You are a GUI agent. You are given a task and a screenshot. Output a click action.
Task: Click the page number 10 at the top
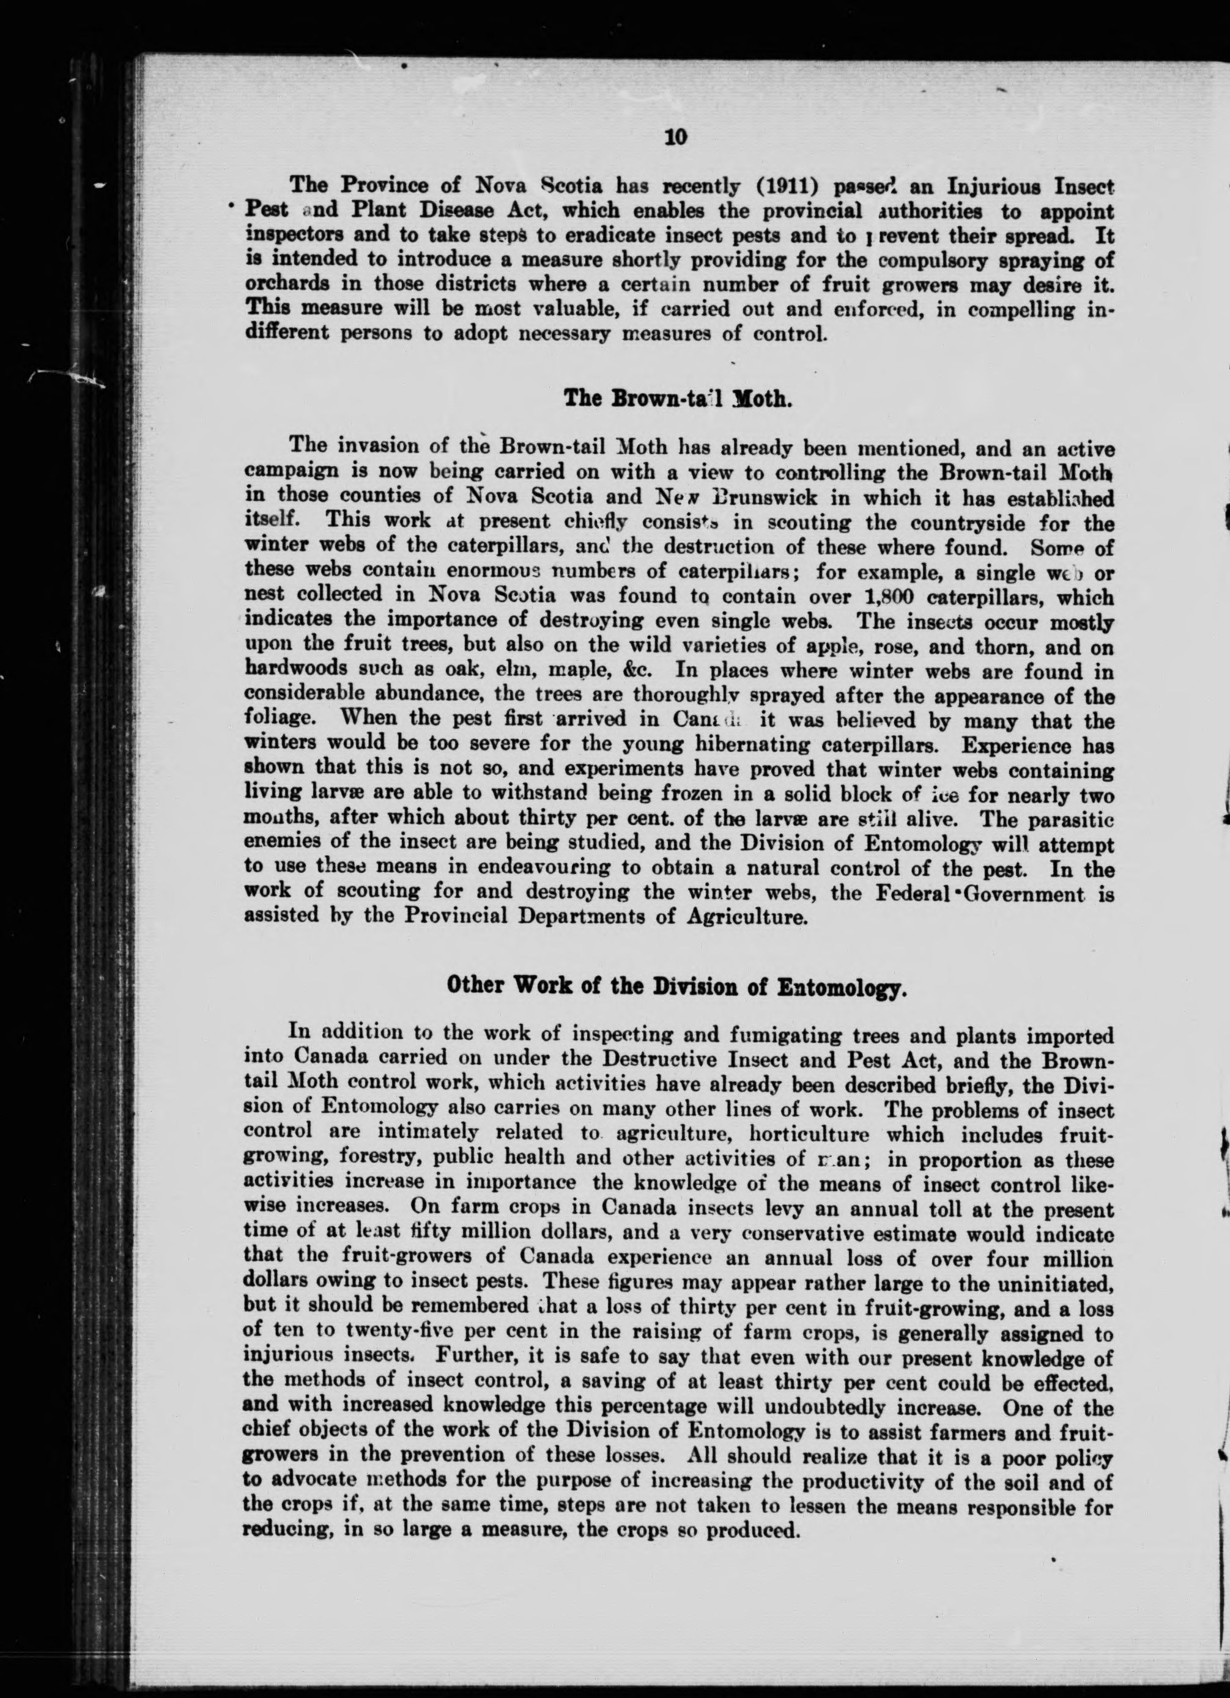click(676, 138)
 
